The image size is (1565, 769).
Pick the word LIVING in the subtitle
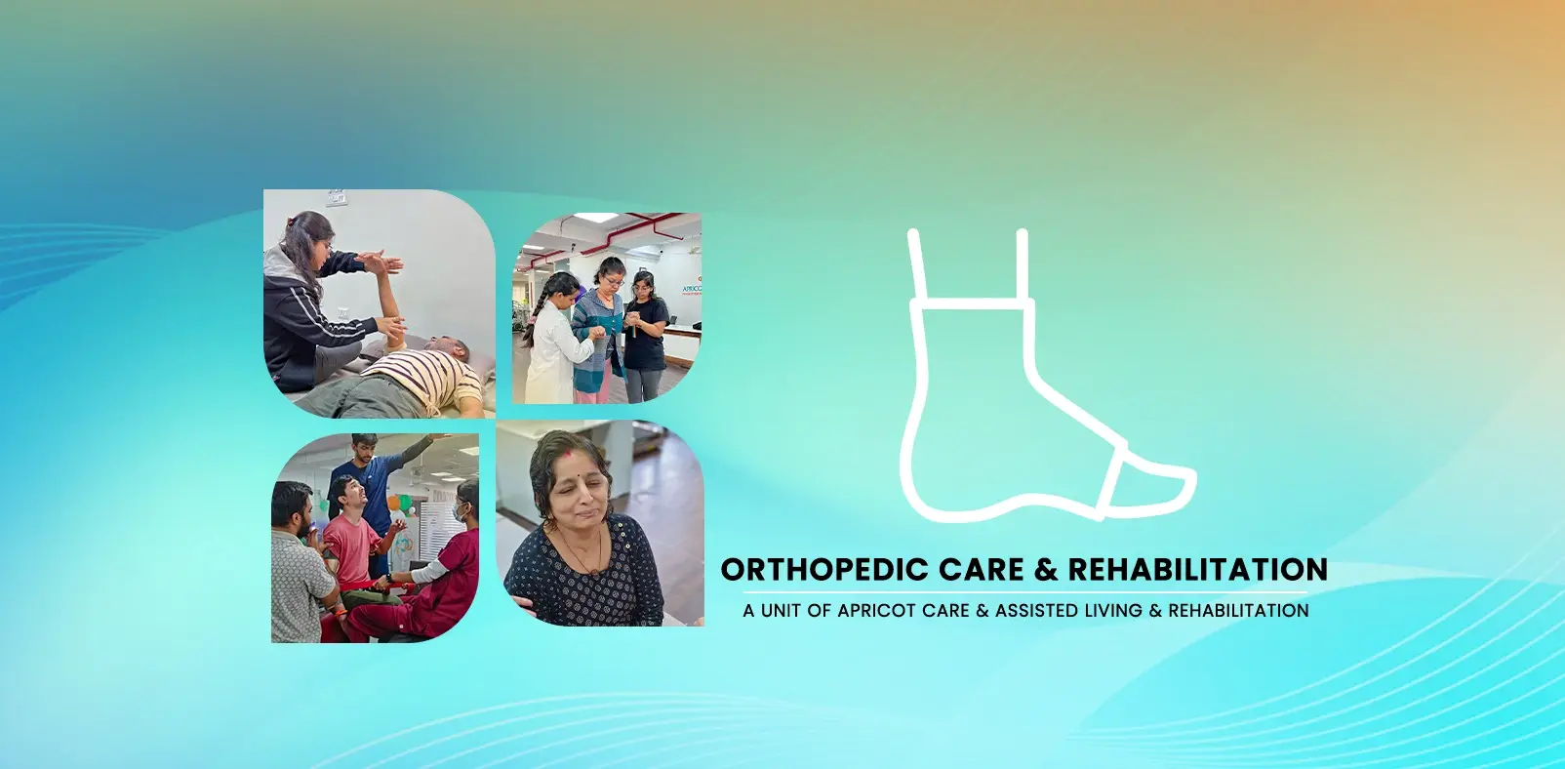point(1113,611)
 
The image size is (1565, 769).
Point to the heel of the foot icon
point(922,488)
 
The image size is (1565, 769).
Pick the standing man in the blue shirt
point(371,478)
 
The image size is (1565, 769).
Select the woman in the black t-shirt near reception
point(645,332)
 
